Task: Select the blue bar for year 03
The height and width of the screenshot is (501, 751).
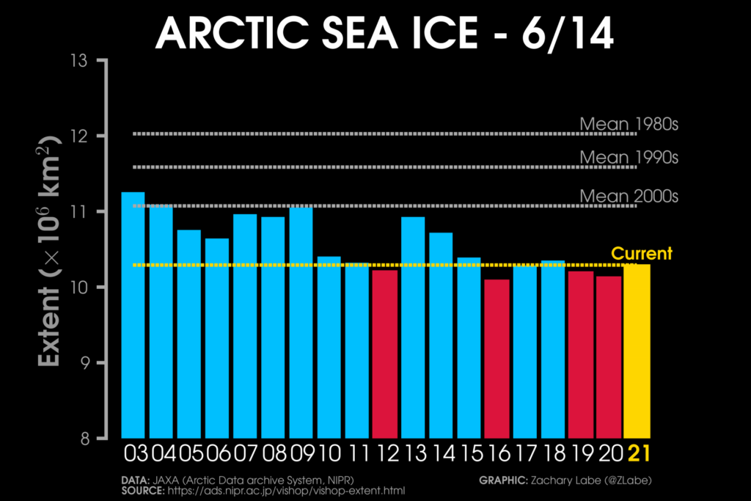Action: pos(133,315)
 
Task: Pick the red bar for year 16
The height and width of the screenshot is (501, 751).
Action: pos(497,359)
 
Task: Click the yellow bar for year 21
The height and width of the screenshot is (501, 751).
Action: pos(637,351)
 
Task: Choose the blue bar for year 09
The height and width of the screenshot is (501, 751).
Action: pos(301,323)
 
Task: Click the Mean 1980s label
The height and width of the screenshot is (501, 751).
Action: pos(629,123)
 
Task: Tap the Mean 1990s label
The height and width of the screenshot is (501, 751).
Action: pos(629,157)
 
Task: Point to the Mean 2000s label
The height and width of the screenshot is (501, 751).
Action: pos(629,196)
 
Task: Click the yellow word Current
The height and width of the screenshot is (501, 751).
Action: pos(642,254)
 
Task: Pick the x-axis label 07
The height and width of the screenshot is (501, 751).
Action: pos(245,455)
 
